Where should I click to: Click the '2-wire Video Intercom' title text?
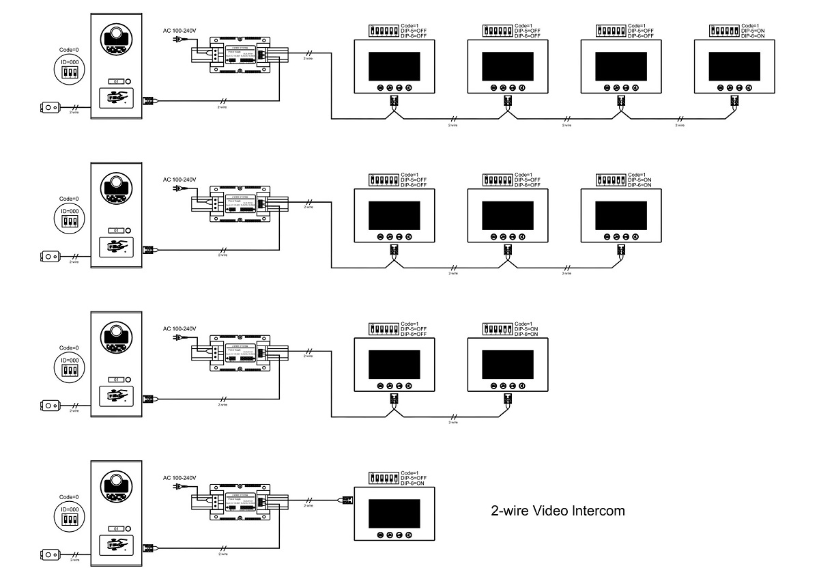pos(558,510)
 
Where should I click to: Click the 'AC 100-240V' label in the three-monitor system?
pos(179,180)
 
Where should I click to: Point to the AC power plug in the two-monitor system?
pos(178,337)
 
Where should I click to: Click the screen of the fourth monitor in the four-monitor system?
pos(734,66)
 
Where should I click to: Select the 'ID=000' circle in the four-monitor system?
pos(69,68)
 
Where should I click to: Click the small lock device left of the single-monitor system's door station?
pos(51,554)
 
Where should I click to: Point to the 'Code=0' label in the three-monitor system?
pos(69,198)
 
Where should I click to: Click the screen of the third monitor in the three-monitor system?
pos(621,215)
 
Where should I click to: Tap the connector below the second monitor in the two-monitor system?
pos(507,398)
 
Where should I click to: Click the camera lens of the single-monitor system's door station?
pos(117,486)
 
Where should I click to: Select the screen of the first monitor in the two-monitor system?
pos(394,365)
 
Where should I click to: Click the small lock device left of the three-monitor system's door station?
pos(51,257)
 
